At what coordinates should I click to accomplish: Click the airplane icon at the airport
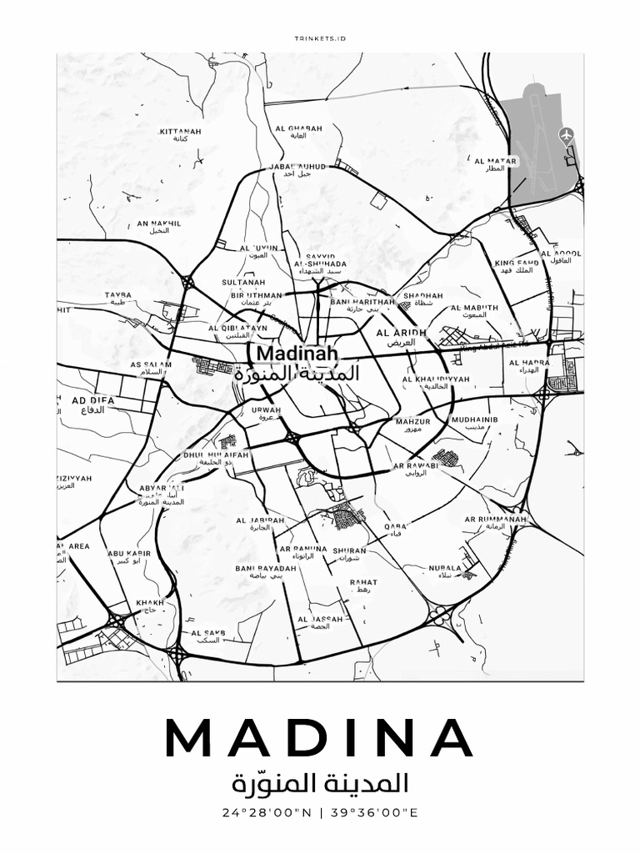point(567,133)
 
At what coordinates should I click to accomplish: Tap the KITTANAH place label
point(180,132)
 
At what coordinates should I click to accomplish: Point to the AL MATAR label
point(496,162)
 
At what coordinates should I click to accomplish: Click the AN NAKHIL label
point(158,224)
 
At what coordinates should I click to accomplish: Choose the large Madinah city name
point(289,354)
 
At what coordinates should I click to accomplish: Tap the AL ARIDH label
point(402,333)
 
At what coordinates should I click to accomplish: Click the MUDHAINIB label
point(474,420)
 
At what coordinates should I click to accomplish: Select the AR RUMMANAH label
point(496,520)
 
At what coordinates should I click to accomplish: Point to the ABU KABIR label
point(128,553)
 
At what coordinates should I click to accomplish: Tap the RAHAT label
point(364,583)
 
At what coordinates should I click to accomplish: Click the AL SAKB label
point(207,633)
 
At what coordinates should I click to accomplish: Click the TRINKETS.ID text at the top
point(320,38)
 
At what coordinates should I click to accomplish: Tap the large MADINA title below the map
point(320,736)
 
